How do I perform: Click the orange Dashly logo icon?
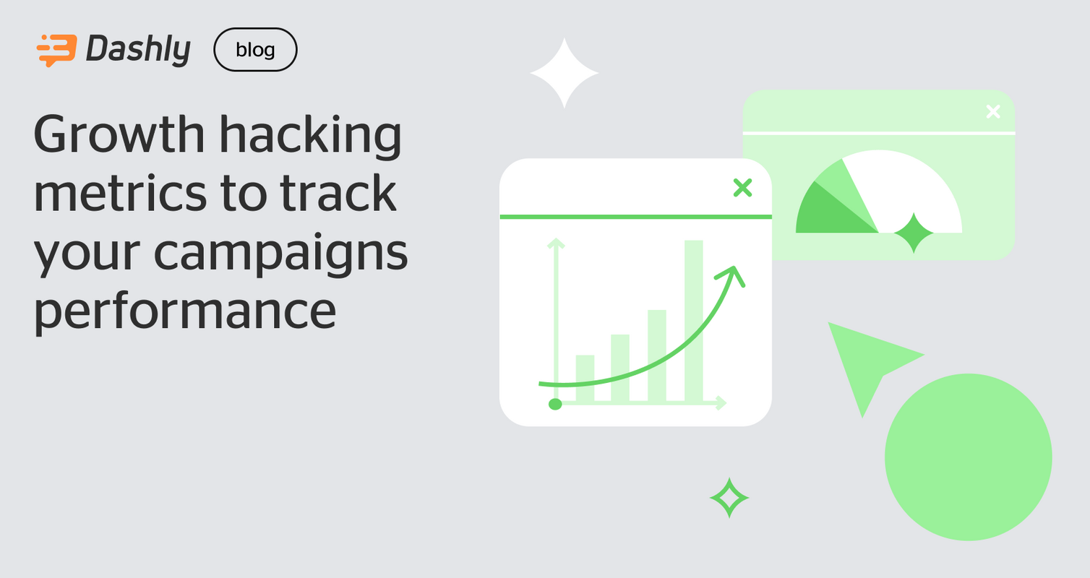56,51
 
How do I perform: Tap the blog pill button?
255,50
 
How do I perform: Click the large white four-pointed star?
565,73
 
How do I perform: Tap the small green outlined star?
729,498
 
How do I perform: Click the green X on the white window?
742,189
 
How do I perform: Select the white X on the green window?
993,111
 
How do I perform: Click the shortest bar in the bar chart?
585,378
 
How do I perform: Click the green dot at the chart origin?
555,404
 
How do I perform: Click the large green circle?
968,457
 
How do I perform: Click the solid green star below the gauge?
914,233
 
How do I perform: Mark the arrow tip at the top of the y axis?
555,242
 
